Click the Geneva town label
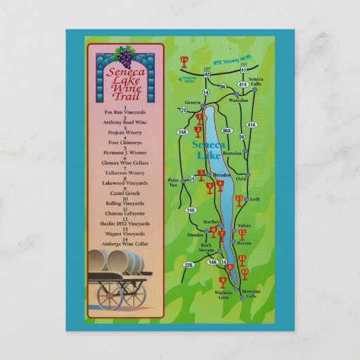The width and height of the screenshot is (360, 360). click(192, 102)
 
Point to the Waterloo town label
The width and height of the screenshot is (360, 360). click(238, 101)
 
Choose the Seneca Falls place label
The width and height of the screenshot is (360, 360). click(255, 82)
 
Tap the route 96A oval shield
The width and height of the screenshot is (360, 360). click(228, 130)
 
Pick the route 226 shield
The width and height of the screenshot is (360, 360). click(189, 264)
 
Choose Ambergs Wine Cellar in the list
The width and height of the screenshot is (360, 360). click(125, 244)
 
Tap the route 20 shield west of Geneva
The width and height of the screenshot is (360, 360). click(183, 109)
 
